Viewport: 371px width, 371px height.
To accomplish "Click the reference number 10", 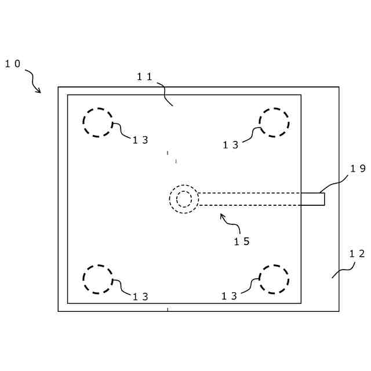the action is coord(13,64).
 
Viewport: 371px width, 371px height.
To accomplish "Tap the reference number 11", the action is coord(144,77).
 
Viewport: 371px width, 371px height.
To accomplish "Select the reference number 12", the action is coord(357,253).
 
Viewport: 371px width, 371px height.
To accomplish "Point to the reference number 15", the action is coord(242,241).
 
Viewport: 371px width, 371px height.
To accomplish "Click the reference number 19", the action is coord(358,169).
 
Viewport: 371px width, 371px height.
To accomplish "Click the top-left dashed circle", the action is coord(97,122).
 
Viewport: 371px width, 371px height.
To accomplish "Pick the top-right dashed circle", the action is coord(274,122).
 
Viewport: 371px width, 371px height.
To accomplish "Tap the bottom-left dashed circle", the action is coord(97,279).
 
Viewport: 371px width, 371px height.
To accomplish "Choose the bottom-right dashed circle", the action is coord(274,279).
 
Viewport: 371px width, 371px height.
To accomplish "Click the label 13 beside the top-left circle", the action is coord(140,140).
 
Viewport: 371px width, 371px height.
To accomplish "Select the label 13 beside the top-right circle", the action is coord(231,146).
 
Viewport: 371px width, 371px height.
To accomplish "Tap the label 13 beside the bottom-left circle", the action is coord(140,297).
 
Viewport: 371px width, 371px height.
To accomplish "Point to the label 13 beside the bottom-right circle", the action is coord(230,296).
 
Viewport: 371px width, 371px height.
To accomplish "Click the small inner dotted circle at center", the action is coord(184,199).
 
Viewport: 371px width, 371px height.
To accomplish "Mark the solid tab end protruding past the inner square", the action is coord(312,199).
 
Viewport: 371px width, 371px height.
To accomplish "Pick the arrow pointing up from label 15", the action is coord(227,220).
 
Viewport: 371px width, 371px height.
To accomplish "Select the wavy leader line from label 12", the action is coord(343,271).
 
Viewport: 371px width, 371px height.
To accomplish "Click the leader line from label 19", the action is coord(333,185).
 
